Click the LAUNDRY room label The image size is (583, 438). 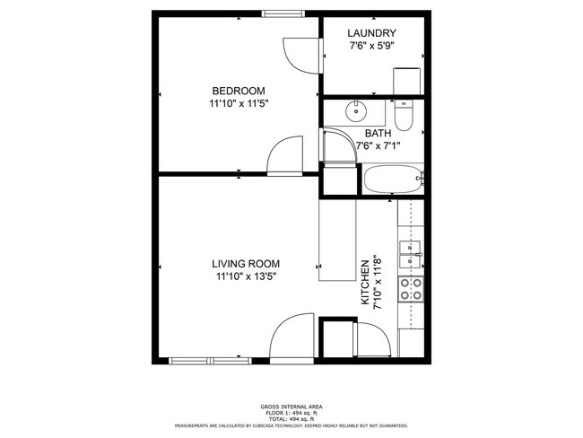pyautogui.click(x=371, y=33)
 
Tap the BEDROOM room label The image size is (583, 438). pyautogui.click(x=238, y=91)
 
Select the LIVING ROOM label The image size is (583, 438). pyautogui.click(x=245, y=264)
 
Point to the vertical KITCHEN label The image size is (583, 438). pyautogui.click(x=365, y=284)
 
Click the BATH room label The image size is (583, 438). pyautogui.click(x=378, y=133)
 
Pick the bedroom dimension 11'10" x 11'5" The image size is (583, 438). pyautogui.click(x=238, y=103)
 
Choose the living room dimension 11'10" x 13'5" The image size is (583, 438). pyautogui.click(x=245, y=276)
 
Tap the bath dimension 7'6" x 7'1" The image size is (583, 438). pyautogui.click(x=378, y=145)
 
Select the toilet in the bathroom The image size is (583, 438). pyautogui.click(x=404, y=113)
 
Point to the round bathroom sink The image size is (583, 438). pyautogui.click(x=356, y=112)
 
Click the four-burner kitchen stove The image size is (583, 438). pyautogui.click(x=412, y=289)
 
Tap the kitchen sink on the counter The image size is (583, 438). pyautogui.click(x=412, y=247)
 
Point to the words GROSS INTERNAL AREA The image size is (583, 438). pyautogui.click(x=291, y=407)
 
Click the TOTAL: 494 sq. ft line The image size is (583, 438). pyautogui.click(x=291, y=418)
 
